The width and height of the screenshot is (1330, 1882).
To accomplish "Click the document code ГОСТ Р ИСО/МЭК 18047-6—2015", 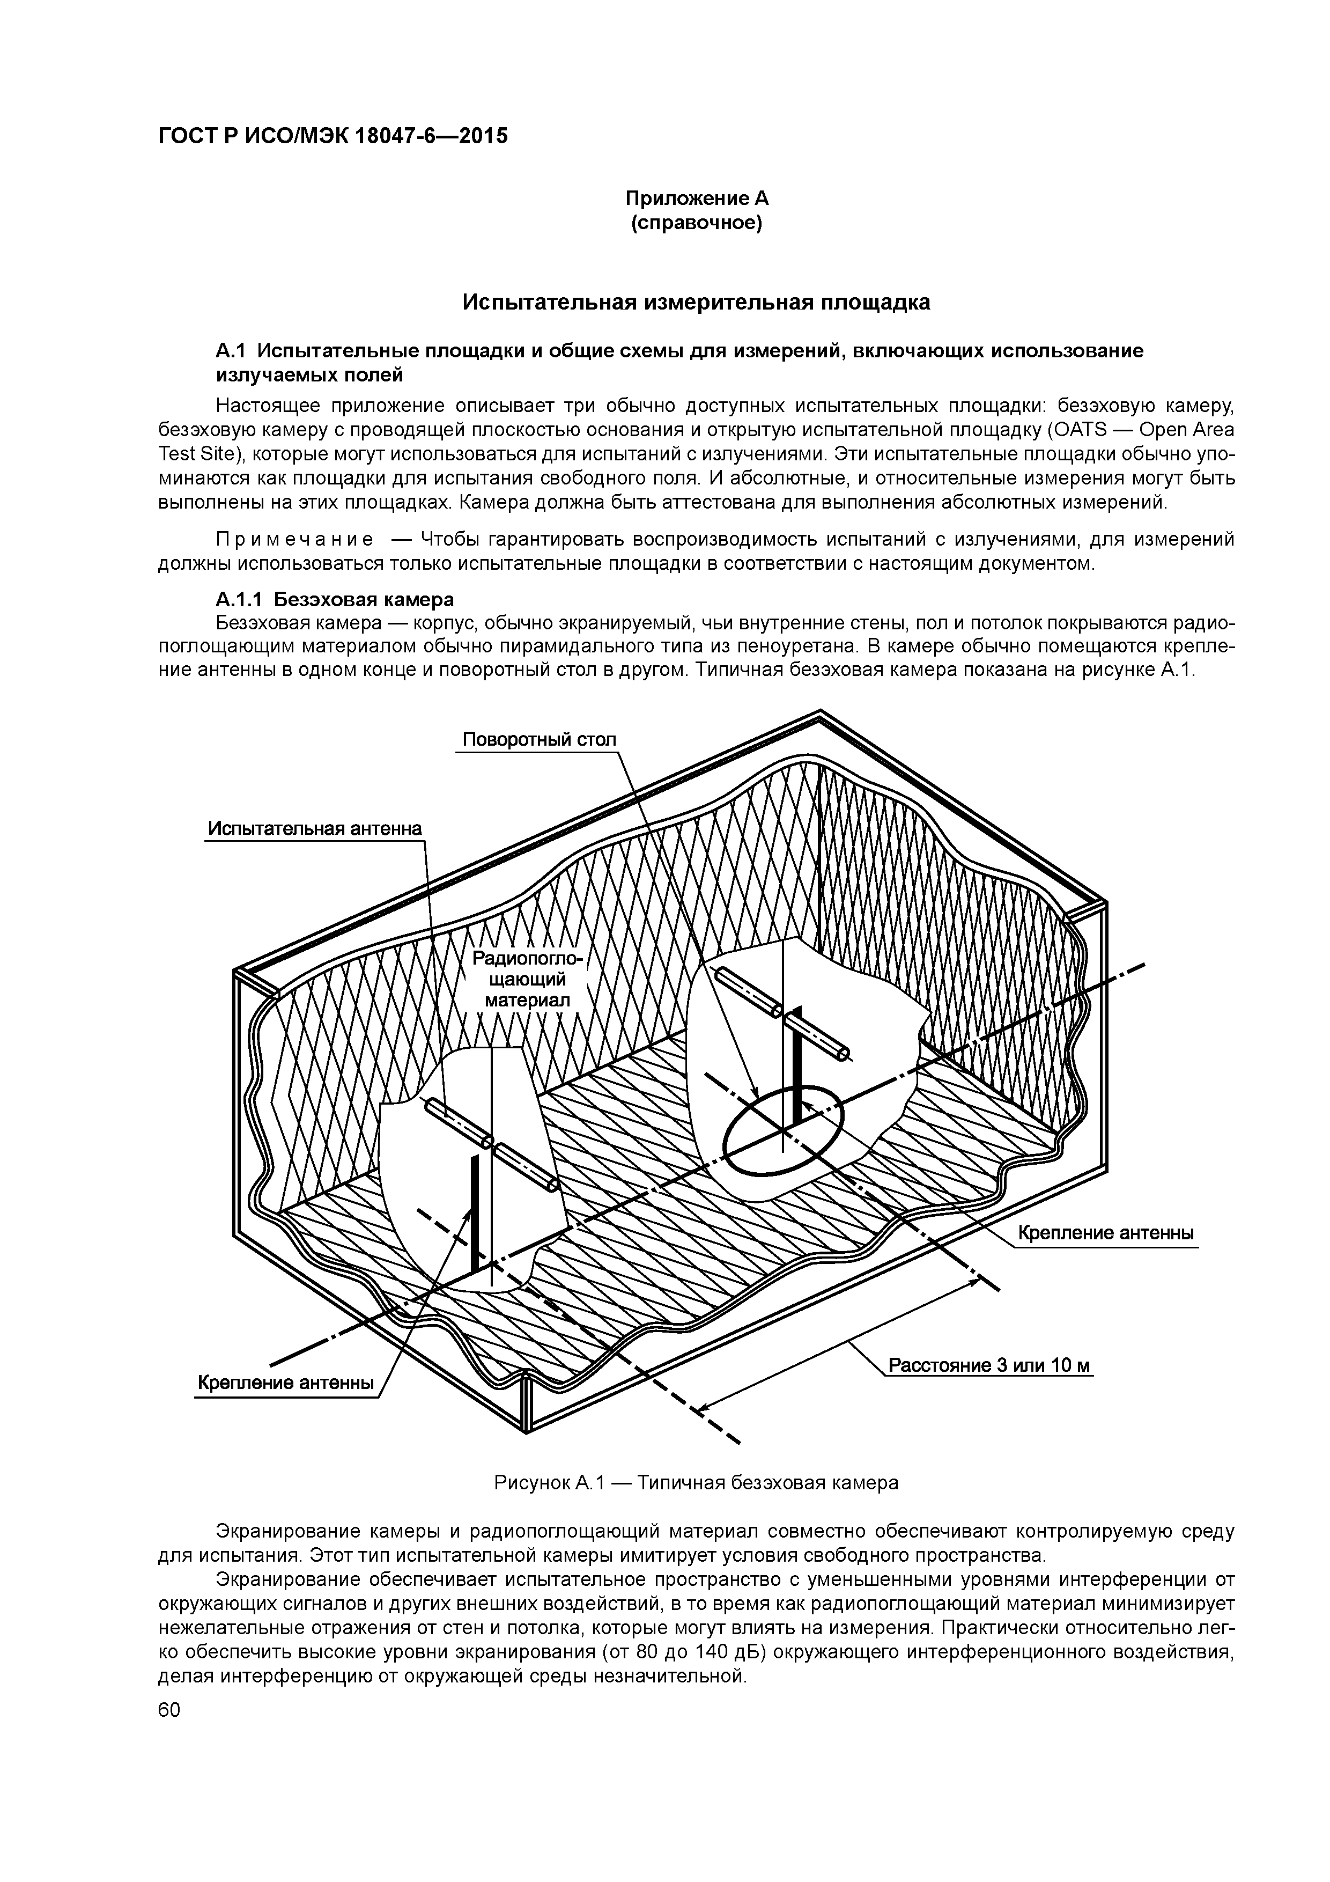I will pos(332,135).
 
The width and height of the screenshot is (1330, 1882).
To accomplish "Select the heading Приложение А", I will pos(697,199).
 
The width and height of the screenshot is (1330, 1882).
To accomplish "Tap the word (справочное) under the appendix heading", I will pos(697,223).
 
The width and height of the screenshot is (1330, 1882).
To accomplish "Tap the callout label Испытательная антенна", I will pos(315,828).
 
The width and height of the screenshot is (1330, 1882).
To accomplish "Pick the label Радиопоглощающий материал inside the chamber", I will pos(526,980).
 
